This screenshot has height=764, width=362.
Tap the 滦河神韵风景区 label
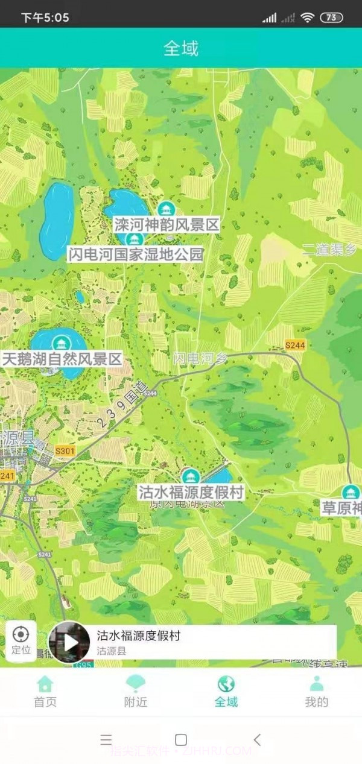pyautogui.click(x=166, y=226)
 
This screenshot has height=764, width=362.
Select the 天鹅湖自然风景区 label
pyautogui.click(x=62, y=359)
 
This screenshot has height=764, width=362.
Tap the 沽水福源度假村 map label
pyautogui.click(x=191, y=492)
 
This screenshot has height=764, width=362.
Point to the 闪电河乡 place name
pyautogui.click(x=201, y=358)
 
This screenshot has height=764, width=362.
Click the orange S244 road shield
pyautogui.click(x=295, y=345)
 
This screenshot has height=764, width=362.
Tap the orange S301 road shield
pyautogui.click(x=65, y=451)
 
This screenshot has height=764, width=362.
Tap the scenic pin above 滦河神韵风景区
pyautogui.click(x=165, y=209)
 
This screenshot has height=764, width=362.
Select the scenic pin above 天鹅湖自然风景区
pyautogui.click(x=60, y=343)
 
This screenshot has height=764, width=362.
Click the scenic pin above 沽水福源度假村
pyautogui.click(x=191, y=476)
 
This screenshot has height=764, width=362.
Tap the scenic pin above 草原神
pyautogui.click(x=350, y=491)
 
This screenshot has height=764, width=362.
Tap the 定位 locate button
pyautogui.click(x=21, y=639)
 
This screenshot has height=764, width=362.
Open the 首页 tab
pyautogui.click(x=45, y=691)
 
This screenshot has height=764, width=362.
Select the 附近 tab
pyautogui.click(x=136, y=691)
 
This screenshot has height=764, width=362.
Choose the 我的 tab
pyautogui.click(x=316, y=691)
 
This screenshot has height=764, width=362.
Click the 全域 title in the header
pyautogui.click(x=181, y=48)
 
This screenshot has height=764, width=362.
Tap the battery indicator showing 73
pyautogui.click(x=331, y=17)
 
